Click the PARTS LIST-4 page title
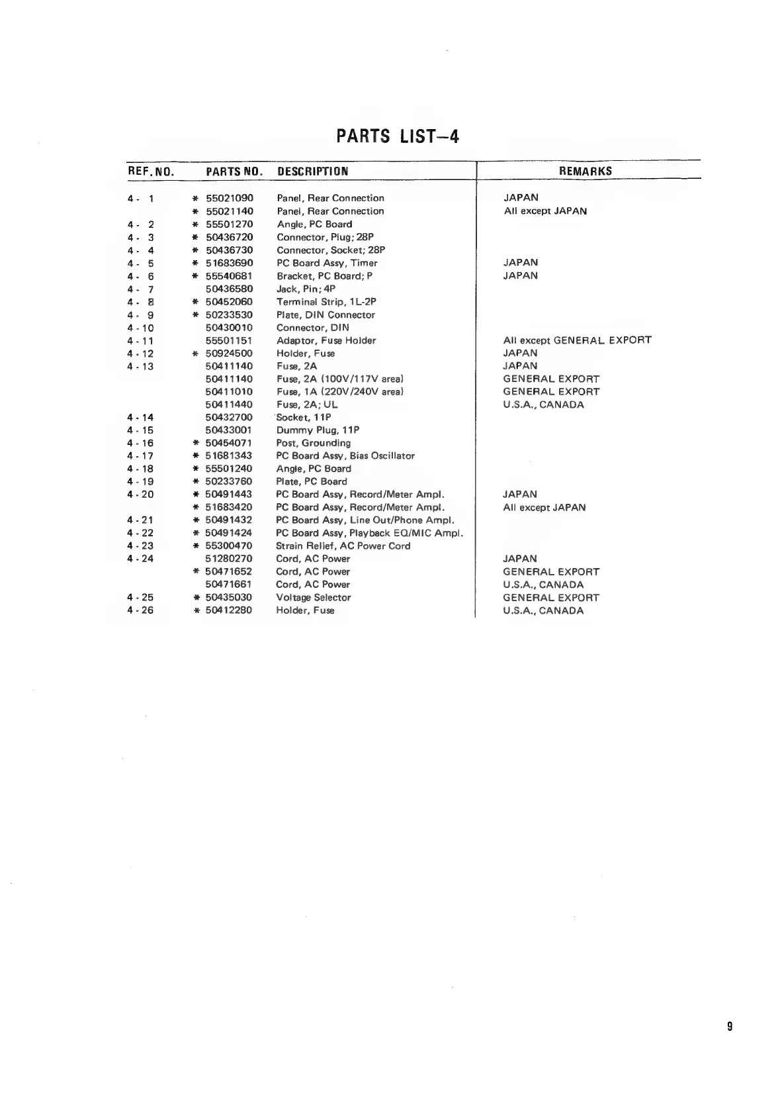pos(398,136)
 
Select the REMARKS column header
pos(585,171)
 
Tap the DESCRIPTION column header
pos(312,171)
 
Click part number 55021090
pos(230,198)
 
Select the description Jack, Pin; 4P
pos(306,289)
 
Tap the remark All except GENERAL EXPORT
pos(577,340)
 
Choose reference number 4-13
pos(140,366)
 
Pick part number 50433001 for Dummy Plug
pos(229,430)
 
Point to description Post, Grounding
pos(313,443)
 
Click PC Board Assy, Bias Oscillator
pos(345,456)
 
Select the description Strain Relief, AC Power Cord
pos(343,546)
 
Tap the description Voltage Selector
pos(313,597)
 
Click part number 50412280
pos(228,610)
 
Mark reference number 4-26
pos(140,610)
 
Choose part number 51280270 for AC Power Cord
pos(228,559)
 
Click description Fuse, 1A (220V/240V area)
pos(339,391)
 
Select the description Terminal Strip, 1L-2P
pos(326,302)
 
